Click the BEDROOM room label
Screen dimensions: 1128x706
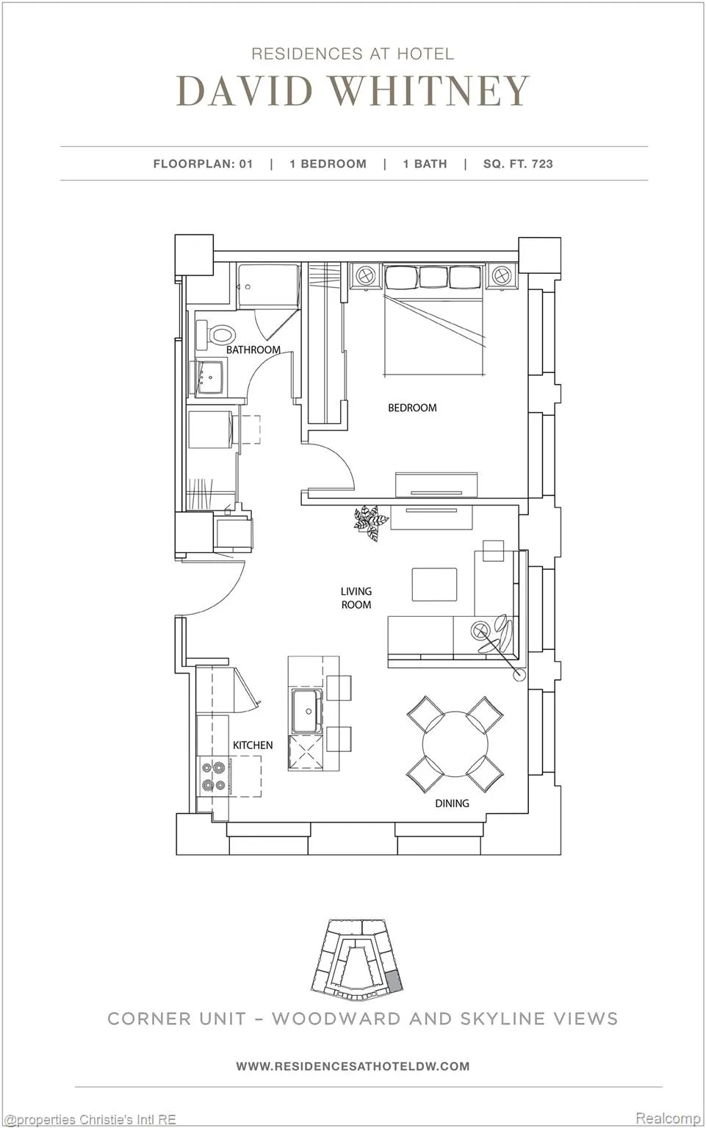pyautogui.click(x=412, y=408)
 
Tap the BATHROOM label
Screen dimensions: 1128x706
pyautogui.click(x=253, y=350)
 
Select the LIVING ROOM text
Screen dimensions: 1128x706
pyautogui.click(x=356, y=598)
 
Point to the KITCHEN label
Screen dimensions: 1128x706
pyautogui.click(x=253, y=745)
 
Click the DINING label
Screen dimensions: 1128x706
pyautogui.click(x=452, y=803)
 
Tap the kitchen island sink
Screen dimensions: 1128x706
pyautogui.click(x=306, y=711)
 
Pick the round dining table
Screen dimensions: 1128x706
pyautogui.click(x=455, y=745)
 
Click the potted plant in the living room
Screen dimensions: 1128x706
pyautogui.click(x=370, y=521)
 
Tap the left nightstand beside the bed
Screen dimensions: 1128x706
pyautogui.click(x=364, y=276)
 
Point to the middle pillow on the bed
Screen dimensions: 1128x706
pyautogui.click(x=433, y=277)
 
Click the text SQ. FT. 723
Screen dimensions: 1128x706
pyautogui.click(x=518, y=164)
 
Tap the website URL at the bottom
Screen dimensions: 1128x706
pyautogui.click(x=353, y=1066)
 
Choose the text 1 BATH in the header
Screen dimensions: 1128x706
pyautogui.click(x=425, y=164)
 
